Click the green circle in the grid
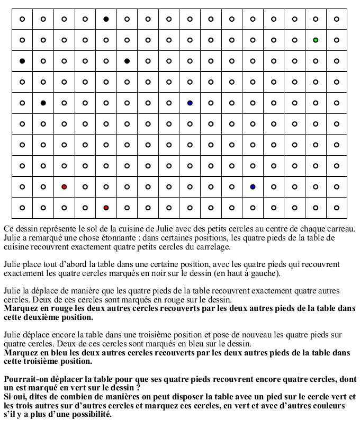(x=316, y=40)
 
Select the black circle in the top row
(x=106, y=19)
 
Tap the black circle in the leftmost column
(x=22, y=61)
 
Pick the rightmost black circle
(x=127, y=61)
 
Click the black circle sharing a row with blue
(x=43, y=103)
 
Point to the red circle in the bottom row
(x=106, y=208)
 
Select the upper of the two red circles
(x=64, y=187)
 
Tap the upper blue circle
(x=190, y=103)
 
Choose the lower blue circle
(x=253, y=187)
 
